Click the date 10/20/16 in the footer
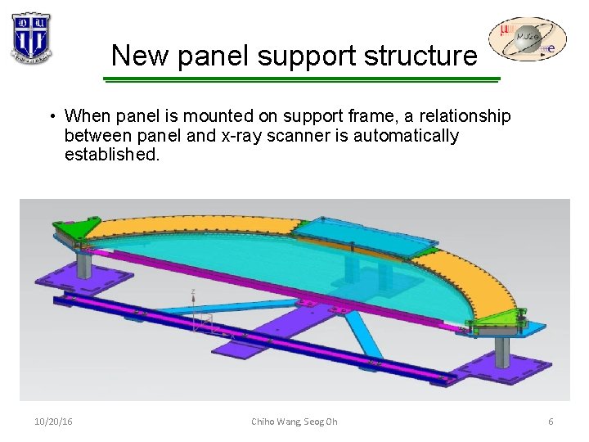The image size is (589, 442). click(54, 422)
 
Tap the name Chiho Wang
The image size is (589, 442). click(276, 422)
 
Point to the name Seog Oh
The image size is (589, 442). click(321, 422)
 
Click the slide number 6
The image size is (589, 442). click(551, 422)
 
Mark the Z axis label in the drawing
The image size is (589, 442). click(192, 291)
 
